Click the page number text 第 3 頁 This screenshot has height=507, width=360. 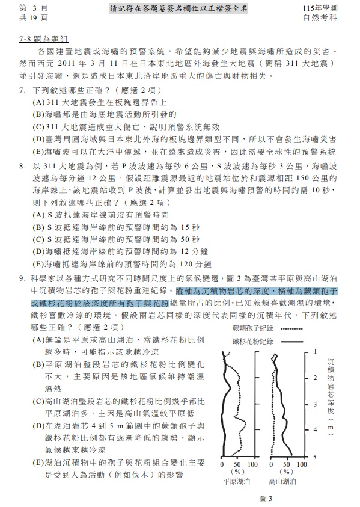(x=33, y=8)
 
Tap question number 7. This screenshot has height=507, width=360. (x=22, y=90)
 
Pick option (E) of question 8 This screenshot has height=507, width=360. (x=38, y=263)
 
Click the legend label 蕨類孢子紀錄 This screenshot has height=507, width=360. (x=252, y=328)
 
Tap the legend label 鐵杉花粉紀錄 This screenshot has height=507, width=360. (x=252, y=341)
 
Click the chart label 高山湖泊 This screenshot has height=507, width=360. (x=281, y=481)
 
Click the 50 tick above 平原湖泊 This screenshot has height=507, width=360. (x=236, y=464)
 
